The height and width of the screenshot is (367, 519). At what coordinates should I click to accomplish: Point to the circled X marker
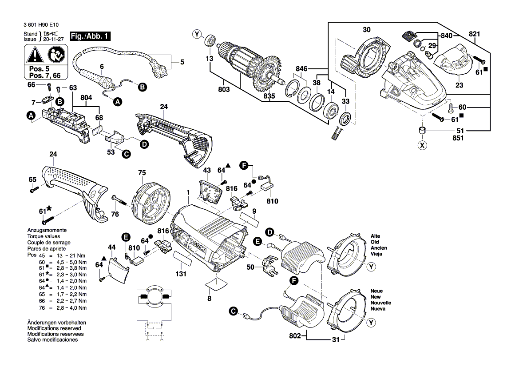pyautogui.click(x=422, y=145)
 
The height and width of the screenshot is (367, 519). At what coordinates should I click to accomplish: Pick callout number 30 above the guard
pyautogui.click(x=366, y=30)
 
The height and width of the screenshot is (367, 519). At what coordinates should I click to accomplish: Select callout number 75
pyautogui.click(x=142, y=173)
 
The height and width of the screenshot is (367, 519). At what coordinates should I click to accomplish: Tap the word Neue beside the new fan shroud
pyautogui.click(x=377, y=291)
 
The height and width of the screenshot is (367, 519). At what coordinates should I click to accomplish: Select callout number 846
pyautogui.click(x=302, y=69)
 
